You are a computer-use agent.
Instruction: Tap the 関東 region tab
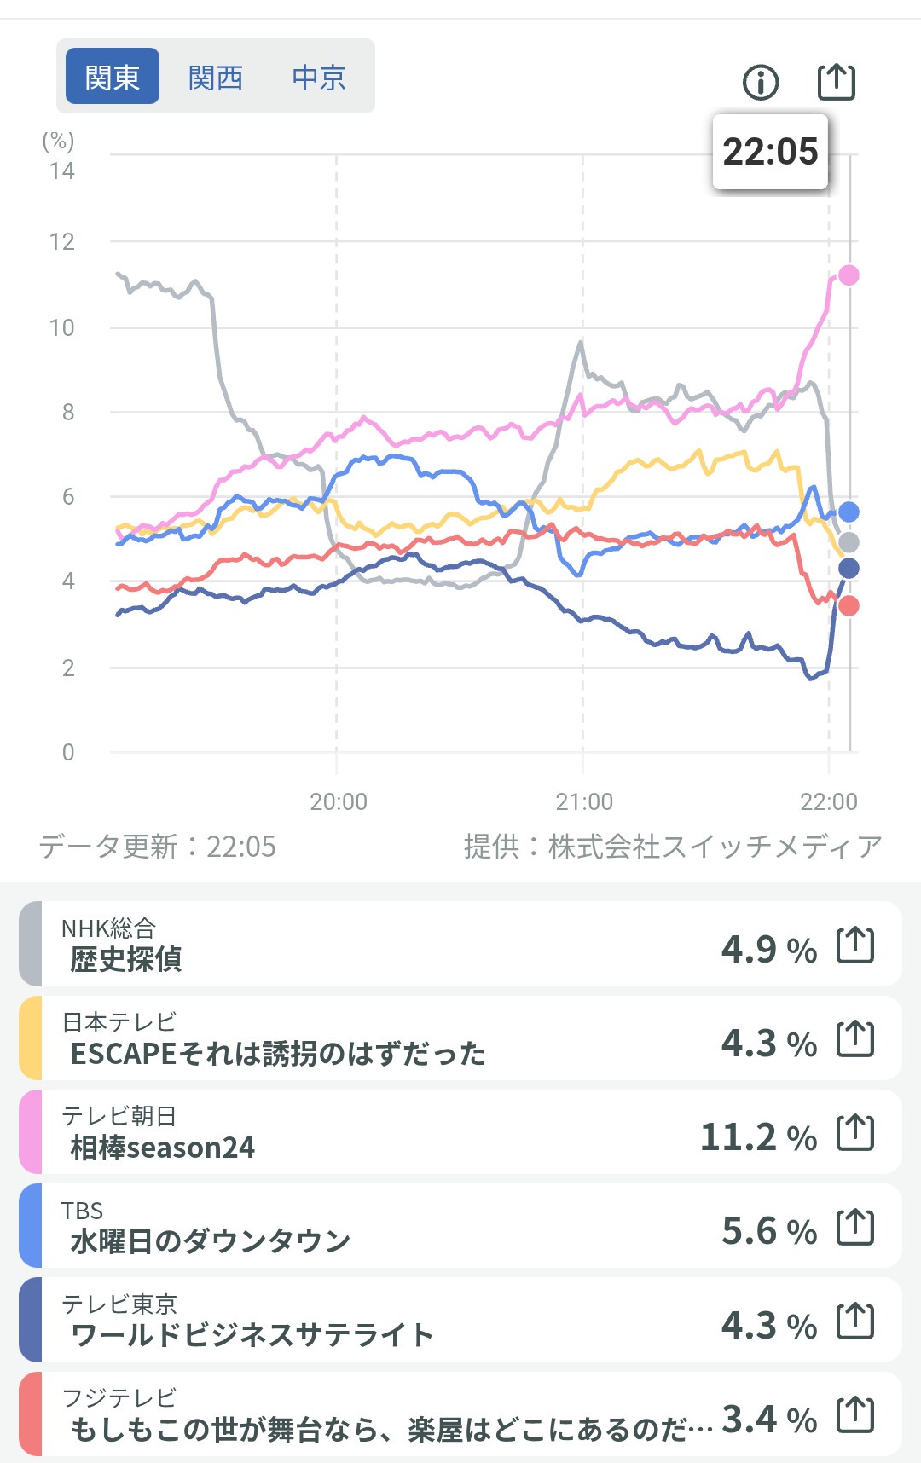pyautogui.click(x=113, y=77)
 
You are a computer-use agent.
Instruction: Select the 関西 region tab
pyautogui.click(x=216, y=78)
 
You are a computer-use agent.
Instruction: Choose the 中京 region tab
pyautogui.click(x=319, y=78)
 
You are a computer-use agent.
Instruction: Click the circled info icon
pyautogui.click(x=761, y=83)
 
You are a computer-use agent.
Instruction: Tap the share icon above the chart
pyautogui.click(x=836, y=82)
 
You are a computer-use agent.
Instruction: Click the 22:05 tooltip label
pyautogui.click(x=770, y=152)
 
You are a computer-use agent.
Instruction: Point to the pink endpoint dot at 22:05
pyautogui.click(x=849, y=275)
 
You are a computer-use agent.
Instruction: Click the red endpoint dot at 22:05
pyautogui.click(x=849, y=606)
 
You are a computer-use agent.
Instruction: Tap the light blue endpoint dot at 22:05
pyautogui.click(x=849, y=512)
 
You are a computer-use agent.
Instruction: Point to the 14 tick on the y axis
pyautogui.click(x=62, y=171)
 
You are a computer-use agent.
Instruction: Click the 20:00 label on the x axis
pyautogui.click(x=339, y=801)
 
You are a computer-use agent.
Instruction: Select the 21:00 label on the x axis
pyautogui.click(x=584, y=801)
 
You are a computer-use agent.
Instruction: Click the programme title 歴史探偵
pyautogui.click(x=126, y=959)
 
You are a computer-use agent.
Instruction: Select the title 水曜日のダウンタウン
pyautogui.click(x=211, y=1241)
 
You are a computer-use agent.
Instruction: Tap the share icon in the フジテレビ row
pyautogui.click(x=855, y=1415)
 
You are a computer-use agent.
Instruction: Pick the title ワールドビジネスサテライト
pyautogui.click(x=252, y=1335)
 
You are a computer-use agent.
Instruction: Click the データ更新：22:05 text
pyautogui.click(x=158, y=847)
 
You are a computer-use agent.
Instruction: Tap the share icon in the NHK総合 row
pyautogui.click(x=855, y=945)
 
